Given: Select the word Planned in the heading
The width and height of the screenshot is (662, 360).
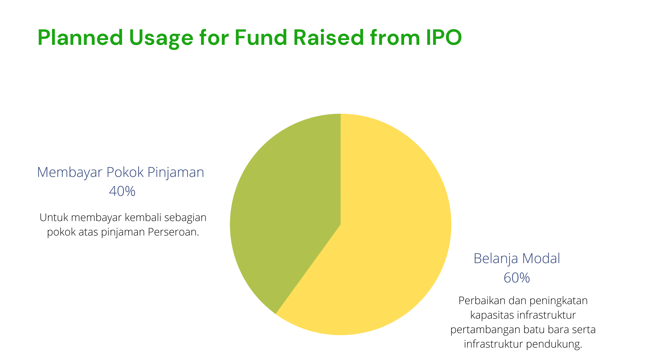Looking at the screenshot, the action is [x=80, y=37].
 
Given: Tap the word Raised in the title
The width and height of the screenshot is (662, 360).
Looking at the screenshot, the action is [x=329, y=37].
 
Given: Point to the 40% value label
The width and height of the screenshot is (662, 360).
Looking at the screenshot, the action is [x=122, y=191].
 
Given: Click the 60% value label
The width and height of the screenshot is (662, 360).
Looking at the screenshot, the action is [x=516, y=278].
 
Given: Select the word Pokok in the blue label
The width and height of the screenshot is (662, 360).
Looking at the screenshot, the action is [x=125, y=172].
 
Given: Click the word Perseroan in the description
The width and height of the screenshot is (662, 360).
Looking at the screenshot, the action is [x=173, y=232].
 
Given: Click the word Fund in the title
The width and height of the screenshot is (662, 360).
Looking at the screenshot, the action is [x=261, y=37].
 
